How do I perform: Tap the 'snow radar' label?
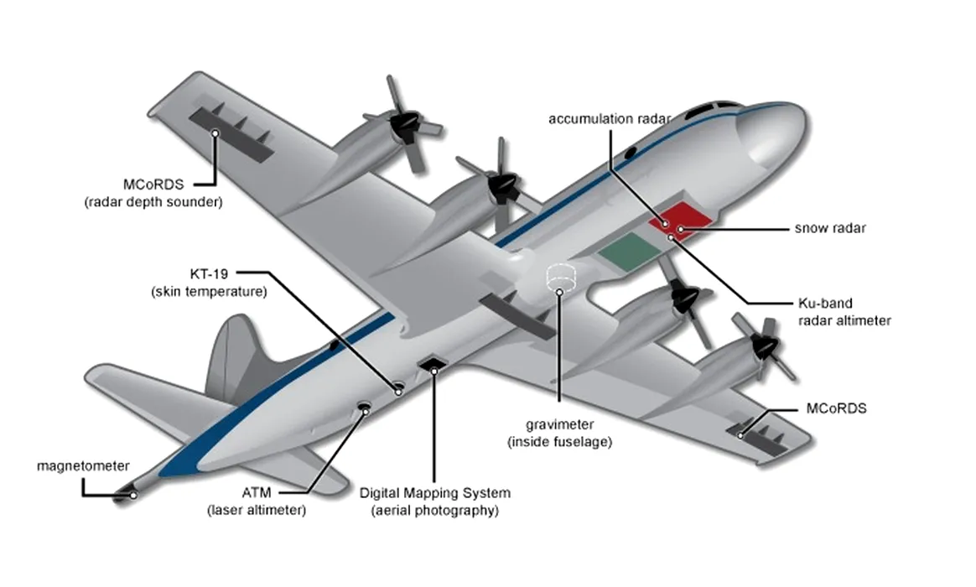(830, 228)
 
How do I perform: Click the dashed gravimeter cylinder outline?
(559, 277)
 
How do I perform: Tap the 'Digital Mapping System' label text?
(434, 493)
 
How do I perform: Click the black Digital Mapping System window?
(433, 365)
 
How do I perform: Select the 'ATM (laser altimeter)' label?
(257, 501)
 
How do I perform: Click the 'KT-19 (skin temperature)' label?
(209, 283)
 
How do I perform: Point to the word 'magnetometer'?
(83, 466)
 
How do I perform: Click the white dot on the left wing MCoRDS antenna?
(215, 132)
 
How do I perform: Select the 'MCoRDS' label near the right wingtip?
(835, 409)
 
